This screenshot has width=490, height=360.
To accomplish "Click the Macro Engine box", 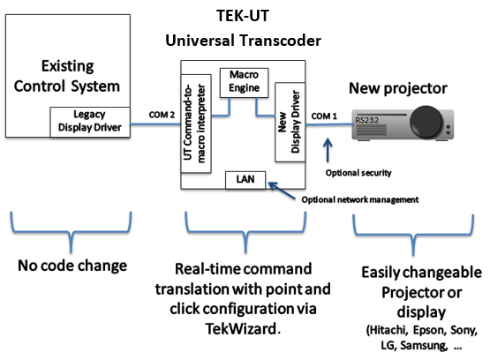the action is [x=244, y=83].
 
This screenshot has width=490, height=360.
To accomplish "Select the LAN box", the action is [x=245, y=180].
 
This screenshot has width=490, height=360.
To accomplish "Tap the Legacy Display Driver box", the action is [x=90, y=122].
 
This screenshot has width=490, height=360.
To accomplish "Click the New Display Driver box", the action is [x=290, y=122].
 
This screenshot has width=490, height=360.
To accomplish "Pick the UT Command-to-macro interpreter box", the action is [x=196, y=124].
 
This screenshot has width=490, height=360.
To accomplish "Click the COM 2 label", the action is [x=162, y=115].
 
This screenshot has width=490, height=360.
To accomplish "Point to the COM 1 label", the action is [x=324, y=116].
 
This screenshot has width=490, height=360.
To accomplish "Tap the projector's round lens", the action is [x=426, y=122].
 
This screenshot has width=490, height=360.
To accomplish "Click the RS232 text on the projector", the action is [x=367, y=120].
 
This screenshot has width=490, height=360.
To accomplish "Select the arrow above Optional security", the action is [x=328, y=150].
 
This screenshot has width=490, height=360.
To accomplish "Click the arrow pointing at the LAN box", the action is [x=282, y=191].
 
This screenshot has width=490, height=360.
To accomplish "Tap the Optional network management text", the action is [x=360, y=199].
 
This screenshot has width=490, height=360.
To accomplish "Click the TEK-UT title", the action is [x=243, y=16].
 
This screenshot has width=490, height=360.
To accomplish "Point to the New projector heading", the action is [x=398, y=88].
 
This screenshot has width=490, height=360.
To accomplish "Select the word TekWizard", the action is [x=241, y=328].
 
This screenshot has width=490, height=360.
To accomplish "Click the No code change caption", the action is [x=72, y=266].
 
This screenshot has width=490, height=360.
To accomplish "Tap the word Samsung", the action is [x=424, y=345].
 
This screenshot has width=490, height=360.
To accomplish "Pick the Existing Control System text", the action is [x=67, y=76].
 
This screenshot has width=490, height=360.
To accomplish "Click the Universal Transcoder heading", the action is [x=243, y=41].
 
